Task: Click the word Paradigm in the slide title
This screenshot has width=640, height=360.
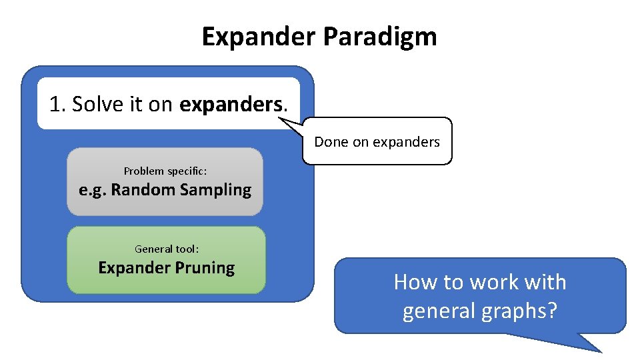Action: (380, 37)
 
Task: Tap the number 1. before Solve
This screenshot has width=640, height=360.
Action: (57, 104)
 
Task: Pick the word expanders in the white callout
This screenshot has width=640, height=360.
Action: (406, 141)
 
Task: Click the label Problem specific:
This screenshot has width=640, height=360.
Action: (165, 171)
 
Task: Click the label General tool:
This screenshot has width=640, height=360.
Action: (167, 249)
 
